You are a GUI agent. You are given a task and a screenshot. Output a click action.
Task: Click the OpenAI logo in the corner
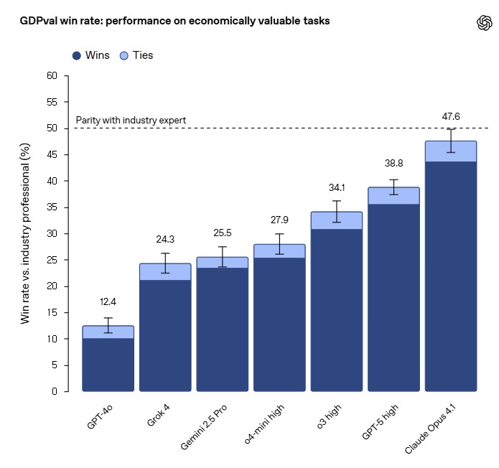pyautogui.click(x=484, y=22)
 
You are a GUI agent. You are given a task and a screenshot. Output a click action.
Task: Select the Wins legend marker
pyautogui.click(x=76, y=55)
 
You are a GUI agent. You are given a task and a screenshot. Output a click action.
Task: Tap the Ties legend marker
pyautogui.click(x=123, y=55)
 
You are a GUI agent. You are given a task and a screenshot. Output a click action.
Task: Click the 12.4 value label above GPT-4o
pyautogui.click(x=108, y=304)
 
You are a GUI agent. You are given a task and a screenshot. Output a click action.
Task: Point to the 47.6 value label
pyautogui.click(x=451, y=116)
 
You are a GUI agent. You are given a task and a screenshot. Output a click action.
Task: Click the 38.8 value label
pyautogui.click(x=393, y=164)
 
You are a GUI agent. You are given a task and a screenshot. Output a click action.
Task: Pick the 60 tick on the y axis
pyautogui.click(x=51, y=75)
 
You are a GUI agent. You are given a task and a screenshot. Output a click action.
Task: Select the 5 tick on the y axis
pyautogui.click(x=54, y=365)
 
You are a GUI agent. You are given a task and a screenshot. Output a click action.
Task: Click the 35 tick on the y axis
pyautogui.click(x=51, y=207)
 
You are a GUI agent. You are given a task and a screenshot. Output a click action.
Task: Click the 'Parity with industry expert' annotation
pyautogui.click(x=131, y=120)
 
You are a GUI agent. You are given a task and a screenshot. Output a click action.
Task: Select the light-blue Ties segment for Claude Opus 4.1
pyautogui.click(x=451, y=151)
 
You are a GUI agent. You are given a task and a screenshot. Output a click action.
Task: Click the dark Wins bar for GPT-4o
pyautogui.click(x=108, y=365)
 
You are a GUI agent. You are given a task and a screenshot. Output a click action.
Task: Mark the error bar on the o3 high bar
pyautogui.click(x=337, y=211)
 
